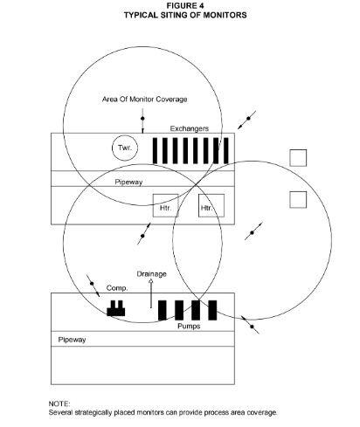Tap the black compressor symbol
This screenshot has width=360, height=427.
pyautogui.click(x=116, y=308)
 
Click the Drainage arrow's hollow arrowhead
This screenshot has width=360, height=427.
pyautogui.click(x=151, y=281)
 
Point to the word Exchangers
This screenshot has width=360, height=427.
pyautogui.click(x=190, y=128)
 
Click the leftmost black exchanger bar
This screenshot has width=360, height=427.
pyautogui.click(x=155, y=151)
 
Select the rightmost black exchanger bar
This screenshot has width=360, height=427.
pyautogui.click(x=226, y=151)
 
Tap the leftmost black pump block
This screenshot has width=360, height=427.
pyautogui.click(x=163, y=310)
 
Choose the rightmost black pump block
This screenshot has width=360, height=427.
pyautogui.click(x=212, y=310)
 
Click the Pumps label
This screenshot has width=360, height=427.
pyautogui.click(x=189, y=326)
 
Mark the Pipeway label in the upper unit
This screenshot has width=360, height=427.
pyautogui.click(x=128, y=183)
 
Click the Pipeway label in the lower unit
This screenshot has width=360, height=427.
pyautogui.click(x=72, y=340)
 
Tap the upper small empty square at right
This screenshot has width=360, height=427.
pyautogui.click(x=298, y=158)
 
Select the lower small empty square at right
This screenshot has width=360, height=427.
pyautogui.click(x=298, y=200)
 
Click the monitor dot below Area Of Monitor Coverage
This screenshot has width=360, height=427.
pyautogui.click(x=142, y=119)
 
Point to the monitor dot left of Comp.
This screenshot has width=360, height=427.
pyautogui.click(x=92, y=283)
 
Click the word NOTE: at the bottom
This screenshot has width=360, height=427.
pyautogui.click(x=59, y=403)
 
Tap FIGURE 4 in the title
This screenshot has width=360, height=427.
pyautogui.click(x=185, y=5)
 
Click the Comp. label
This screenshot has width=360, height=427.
pyautogui.click(x=117, y=288)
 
